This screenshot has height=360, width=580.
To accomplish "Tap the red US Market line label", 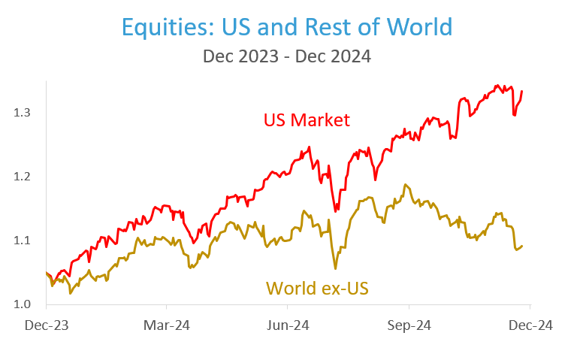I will tap(307, 119).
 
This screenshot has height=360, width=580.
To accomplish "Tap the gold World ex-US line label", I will tap(317, 287).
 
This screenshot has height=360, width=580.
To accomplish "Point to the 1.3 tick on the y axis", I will tap(22, 113).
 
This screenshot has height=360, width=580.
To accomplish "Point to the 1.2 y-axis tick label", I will tap(22, 177).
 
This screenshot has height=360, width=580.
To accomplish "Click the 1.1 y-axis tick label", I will tap(22, 241).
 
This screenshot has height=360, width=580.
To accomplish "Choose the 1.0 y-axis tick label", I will tap(22, 304).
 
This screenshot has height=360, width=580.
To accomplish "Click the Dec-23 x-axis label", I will tap(46, 325).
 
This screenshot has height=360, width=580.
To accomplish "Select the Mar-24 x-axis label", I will tap(167, 325).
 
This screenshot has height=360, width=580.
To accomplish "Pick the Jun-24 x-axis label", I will tap(288, 325).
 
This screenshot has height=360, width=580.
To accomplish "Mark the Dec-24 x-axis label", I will tap(530, 325).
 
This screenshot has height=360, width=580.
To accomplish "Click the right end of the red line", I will tap(522, 91).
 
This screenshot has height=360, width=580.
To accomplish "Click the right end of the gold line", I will tap(522, 246).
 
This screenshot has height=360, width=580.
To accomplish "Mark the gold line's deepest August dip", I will tap(335, 268).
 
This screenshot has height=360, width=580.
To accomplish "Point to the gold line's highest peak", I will tap(406, 184).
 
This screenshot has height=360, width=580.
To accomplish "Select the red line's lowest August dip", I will tap(334, 210).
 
